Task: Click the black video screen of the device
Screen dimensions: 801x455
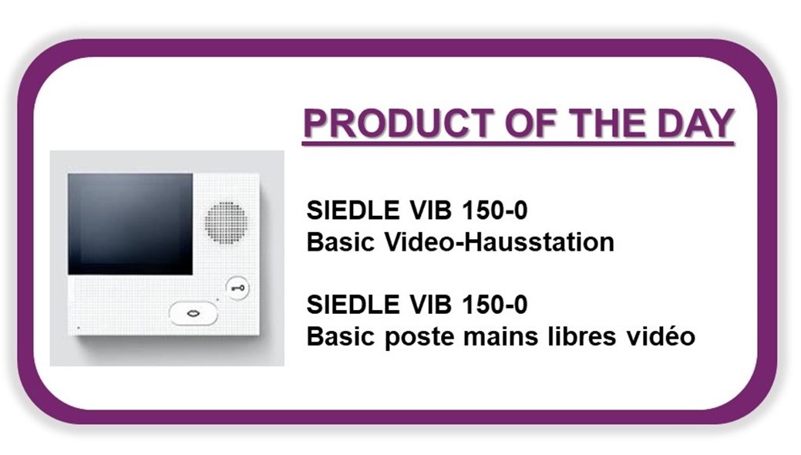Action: click(130, 224)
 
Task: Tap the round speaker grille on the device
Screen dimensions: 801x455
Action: click(227, 222)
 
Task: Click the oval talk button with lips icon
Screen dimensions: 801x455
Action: click(194, 313)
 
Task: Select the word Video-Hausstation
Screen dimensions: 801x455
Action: click(499, 242)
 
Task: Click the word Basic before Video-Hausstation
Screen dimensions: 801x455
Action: click(341, 242)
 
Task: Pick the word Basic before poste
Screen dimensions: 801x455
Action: click(341, 336)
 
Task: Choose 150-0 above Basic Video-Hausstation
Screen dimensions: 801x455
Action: click(494, 210)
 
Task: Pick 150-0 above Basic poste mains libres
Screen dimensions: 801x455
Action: click(494, 304)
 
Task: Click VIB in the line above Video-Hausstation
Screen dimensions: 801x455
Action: click(430, 210)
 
